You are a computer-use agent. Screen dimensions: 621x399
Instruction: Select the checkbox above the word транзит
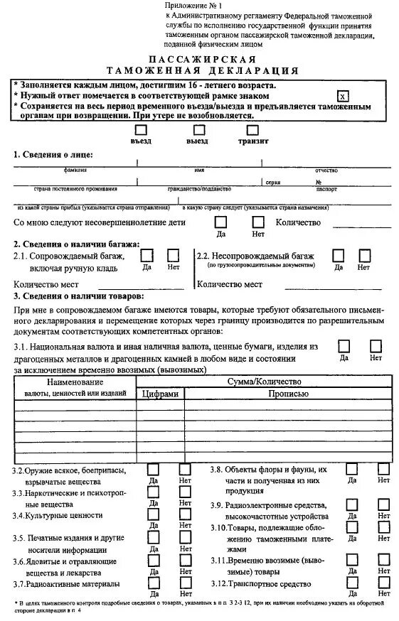click(x=252, y=130)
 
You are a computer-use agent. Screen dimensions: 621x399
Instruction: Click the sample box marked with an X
click(x=344, y=96)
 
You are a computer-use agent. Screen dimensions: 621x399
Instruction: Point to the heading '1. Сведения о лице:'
click(x=53, y=154)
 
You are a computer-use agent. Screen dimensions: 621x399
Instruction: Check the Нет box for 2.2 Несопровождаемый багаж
click(x=363, y=254)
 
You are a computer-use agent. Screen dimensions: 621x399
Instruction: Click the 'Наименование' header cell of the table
click(x=75, y=382)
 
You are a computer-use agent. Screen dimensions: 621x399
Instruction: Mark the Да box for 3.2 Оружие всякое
click(x=154, y=469)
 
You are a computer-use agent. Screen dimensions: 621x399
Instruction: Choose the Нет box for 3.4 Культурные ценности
click(x=185, y=514)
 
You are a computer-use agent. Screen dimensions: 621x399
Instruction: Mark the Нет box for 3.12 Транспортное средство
click(x=383, y=583)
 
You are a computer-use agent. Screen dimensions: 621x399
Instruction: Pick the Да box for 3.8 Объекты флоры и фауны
click(x=351, y=469)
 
